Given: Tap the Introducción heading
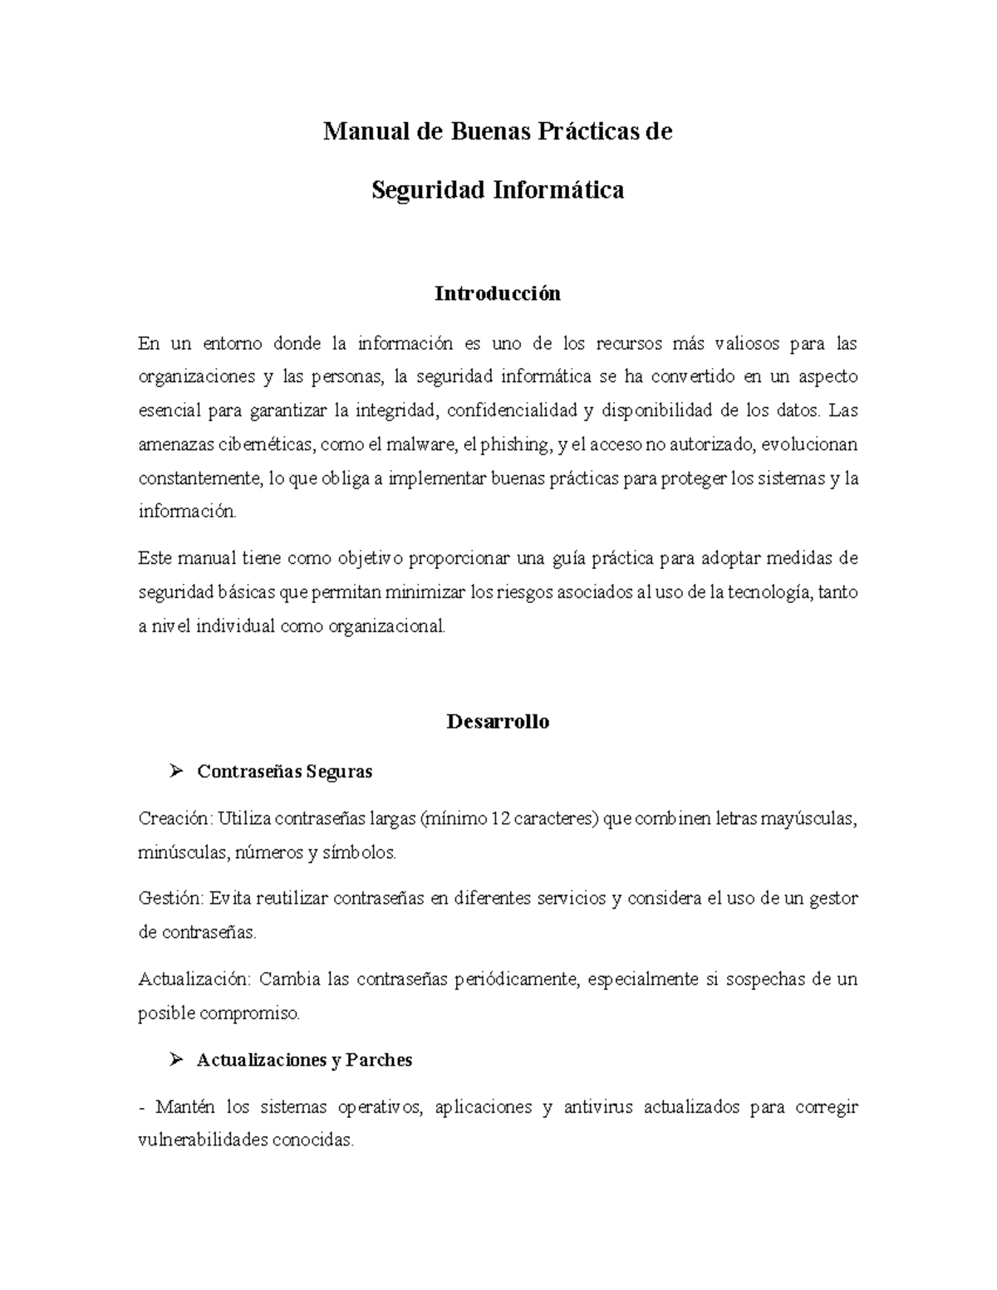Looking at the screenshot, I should [498, 293].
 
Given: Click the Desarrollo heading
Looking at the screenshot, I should [498, 721].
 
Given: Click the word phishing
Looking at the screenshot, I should [514, 444].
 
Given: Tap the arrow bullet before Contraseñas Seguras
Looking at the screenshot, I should [174, 772].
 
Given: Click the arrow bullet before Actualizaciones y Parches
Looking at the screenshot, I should [174, 1060].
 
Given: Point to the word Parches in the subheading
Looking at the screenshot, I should [379, 1061].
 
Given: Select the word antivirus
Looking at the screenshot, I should [599, 1107].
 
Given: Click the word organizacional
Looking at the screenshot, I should [386, 626].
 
